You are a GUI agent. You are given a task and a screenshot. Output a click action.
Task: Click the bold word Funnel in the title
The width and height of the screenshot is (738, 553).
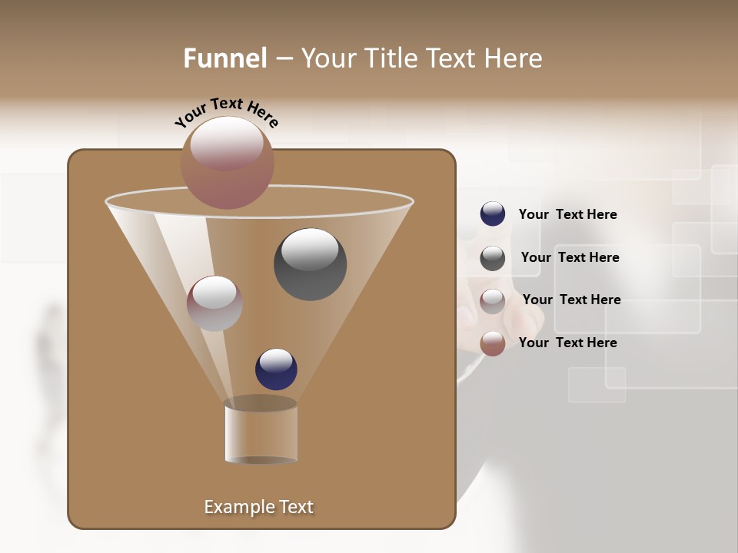coord(225,58)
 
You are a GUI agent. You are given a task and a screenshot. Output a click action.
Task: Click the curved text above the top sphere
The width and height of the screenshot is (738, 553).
coord(227,112)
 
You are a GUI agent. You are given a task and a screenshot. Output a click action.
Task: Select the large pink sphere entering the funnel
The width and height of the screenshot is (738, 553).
coord(227,163)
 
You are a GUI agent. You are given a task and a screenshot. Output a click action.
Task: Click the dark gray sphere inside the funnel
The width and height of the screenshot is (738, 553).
coord(310,264)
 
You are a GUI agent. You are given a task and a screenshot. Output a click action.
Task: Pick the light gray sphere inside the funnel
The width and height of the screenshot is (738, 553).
coord(214,303)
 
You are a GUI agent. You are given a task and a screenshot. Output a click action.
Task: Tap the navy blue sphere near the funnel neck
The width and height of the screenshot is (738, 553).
coord(276,369)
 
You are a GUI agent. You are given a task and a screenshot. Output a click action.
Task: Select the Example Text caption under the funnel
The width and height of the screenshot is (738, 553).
coord(259,507)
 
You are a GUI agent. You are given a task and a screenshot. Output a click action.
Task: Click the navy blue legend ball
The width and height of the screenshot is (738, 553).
coord(493,214)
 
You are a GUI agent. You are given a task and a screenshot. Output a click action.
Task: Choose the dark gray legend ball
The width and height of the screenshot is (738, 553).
coord(493,258)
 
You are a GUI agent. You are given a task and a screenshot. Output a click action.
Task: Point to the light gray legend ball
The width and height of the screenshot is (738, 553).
coord(493,301)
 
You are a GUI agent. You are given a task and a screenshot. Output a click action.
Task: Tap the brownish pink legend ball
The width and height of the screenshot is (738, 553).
coord(493,343)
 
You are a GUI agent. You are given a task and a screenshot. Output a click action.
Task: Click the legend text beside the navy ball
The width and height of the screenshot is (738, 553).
coord(567,214)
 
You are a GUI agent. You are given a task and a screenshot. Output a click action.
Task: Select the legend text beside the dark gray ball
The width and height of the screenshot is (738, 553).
coord(570,257)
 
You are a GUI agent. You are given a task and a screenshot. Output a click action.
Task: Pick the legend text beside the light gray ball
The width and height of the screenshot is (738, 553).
coord(571,300)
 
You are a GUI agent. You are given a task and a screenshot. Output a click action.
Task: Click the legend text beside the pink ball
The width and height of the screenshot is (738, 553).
coord(567,343)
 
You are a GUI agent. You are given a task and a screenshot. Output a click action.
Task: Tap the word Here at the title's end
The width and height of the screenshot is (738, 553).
coord(513,58)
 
